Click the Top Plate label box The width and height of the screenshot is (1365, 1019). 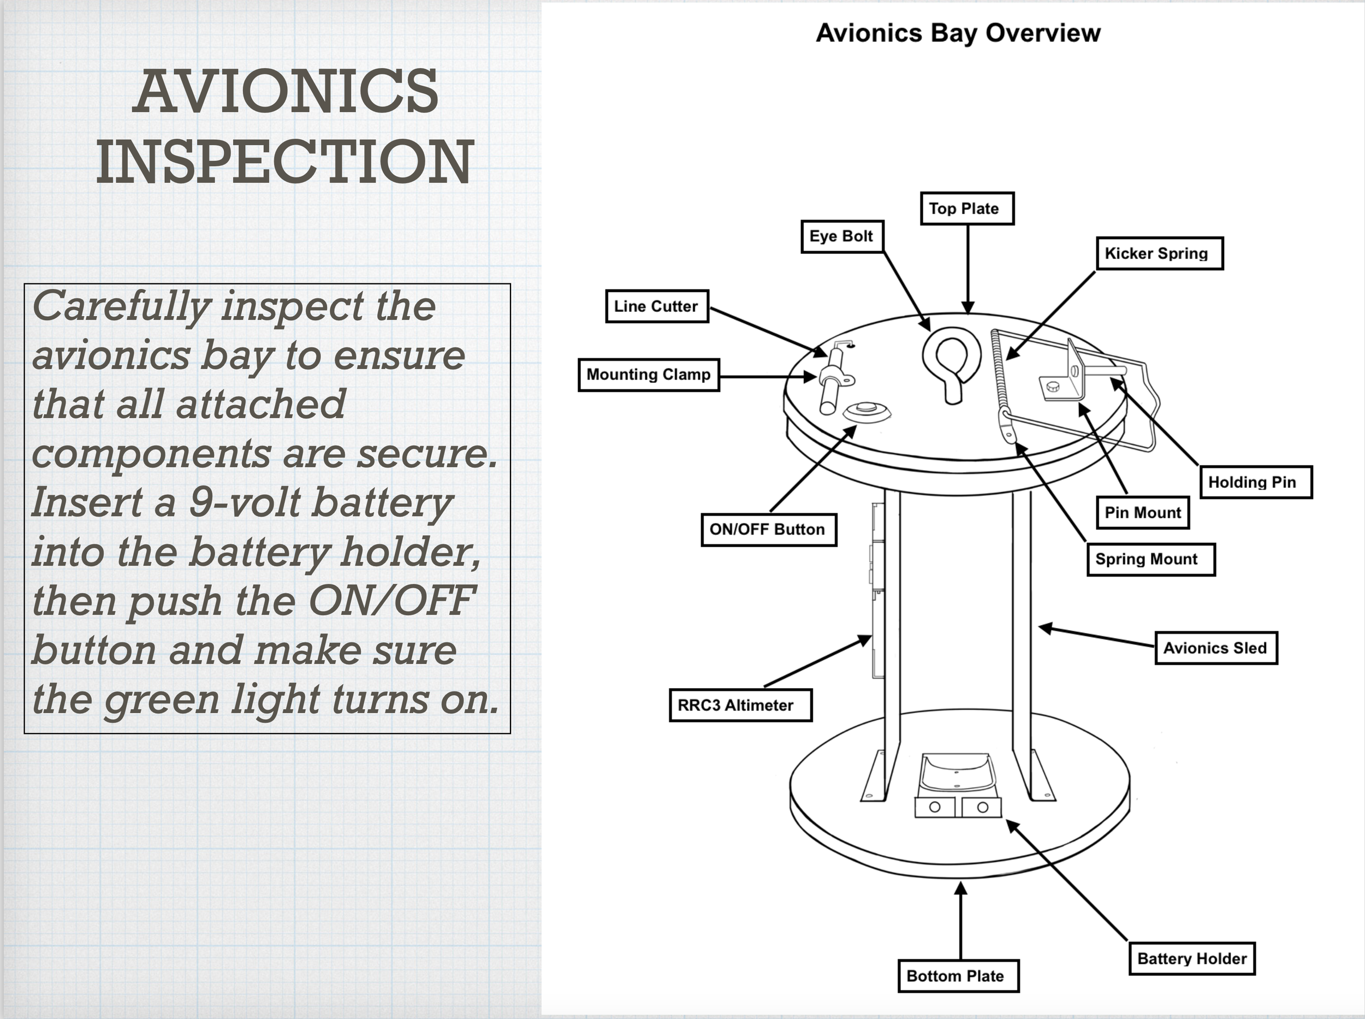coord(966,209)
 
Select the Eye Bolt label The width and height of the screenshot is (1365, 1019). coord(842,236)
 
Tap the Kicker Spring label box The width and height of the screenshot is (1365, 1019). coord(1159,253)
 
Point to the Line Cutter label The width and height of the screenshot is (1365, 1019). coord(657,306)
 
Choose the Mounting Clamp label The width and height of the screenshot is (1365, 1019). coord(649,375)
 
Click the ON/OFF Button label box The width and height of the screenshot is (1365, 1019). coord(769,529)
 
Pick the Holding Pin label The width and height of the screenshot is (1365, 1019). coord(1255,482)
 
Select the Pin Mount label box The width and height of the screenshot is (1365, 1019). coord(1143,513)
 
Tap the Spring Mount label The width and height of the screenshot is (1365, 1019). coord(1150,559)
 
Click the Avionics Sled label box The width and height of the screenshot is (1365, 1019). coord(1216,648)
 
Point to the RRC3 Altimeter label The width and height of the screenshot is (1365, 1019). coord(740,705)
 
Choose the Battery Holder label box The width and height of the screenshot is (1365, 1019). coord(1192,958)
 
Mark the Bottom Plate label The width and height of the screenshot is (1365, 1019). coord(958,976)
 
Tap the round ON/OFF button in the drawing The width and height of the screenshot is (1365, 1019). coord(867,409)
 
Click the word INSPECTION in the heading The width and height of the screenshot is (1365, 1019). coord(285,162)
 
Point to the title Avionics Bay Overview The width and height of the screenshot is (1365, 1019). coord(958,33)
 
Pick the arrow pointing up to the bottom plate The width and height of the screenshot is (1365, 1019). coord(960,919)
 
